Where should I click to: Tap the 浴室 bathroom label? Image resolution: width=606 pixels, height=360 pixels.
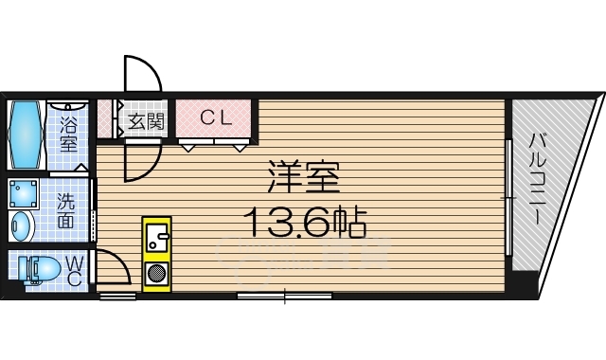coord(68,134)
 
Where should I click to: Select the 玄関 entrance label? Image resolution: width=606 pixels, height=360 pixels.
coord(146,121)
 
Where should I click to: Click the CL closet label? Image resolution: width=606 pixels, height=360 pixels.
coord(214,118)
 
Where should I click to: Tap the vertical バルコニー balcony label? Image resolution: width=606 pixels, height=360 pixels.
coord(536,180)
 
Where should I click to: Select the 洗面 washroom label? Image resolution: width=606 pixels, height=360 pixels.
coord(66,210)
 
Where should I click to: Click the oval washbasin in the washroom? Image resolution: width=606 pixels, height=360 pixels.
coord(22,227)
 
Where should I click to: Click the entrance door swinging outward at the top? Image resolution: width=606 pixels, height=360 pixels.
coord(142,76)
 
